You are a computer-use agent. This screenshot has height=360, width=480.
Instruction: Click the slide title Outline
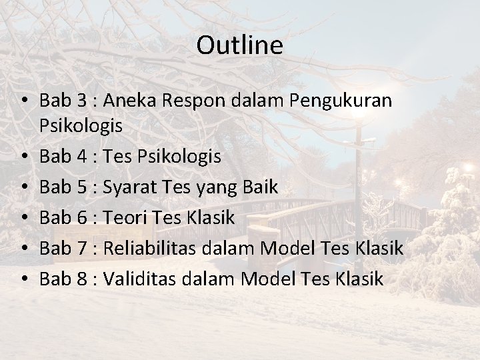point(240,45)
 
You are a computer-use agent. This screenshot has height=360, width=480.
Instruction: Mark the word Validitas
point(142,279)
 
